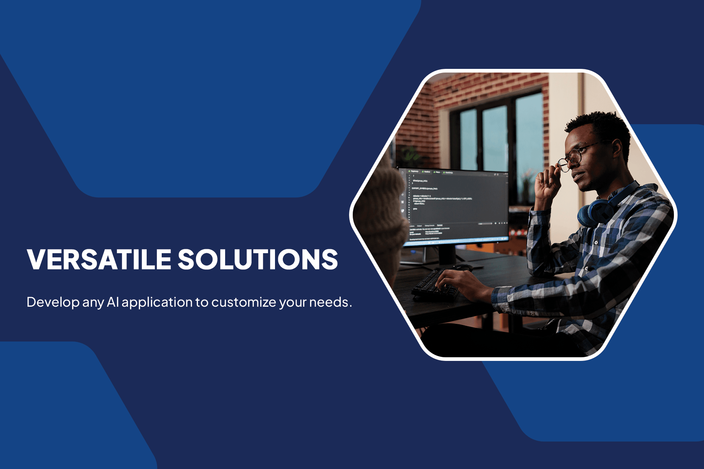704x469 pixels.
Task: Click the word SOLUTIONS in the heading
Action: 258,259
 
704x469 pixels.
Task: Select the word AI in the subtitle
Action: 113,302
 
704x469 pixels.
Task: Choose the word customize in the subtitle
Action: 244,303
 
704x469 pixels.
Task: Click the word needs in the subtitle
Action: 329,303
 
